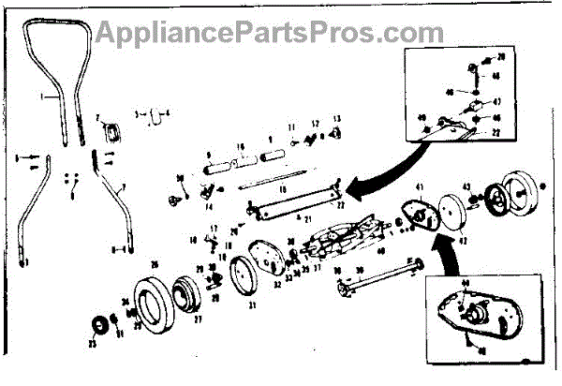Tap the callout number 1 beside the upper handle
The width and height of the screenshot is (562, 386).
pos(42,96)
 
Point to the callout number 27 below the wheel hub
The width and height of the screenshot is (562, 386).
pos(198,319)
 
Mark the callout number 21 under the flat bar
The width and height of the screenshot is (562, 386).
pos(307,217)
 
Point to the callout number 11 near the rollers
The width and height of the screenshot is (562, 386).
pos(291,126)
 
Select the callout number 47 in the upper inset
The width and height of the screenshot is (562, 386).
pos(497,100)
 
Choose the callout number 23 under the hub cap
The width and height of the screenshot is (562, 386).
pos(92,344)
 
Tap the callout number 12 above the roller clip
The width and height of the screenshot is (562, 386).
pos(316,123)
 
